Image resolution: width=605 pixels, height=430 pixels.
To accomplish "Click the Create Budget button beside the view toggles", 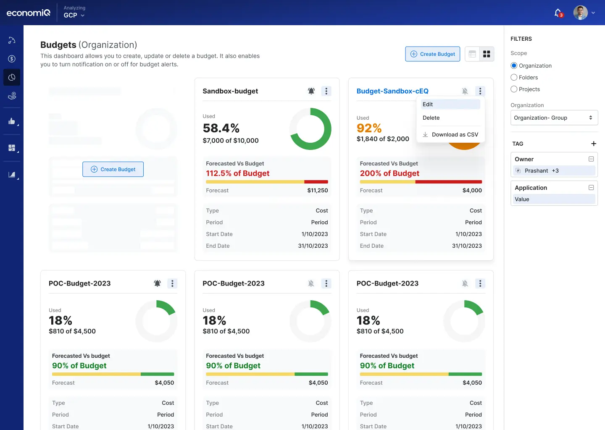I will point(433,54).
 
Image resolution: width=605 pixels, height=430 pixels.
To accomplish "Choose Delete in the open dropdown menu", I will point(431,118).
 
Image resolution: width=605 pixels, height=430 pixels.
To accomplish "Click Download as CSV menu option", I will point(450,135).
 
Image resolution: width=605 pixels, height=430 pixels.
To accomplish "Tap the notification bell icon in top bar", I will point(558,13).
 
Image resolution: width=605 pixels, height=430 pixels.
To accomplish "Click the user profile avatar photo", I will point(580,13).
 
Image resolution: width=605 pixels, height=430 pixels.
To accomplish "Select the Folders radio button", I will point(514,78).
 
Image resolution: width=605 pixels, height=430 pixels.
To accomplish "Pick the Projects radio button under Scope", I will point(514,89).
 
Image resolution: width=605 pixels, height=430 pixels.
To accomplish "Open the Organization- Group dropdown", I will point(554,118).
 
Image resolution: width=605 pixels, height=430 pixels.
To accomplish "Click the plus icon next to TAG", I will point(594,144).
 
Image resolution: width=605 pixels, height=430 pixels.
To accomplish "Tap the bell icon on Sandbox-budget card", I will point(311,91).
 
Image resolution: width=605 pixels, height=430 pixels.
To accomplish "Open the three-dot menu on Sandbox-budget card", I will point(326,91).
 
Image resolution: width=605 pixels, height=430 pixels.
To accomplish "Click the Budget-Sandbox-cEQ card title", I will point(392,91).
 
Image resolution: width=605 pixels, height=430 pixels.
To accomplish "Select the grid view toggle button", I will point(487,54).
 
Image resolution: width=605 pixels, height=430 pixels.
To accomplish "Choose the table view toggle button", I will point(472,54).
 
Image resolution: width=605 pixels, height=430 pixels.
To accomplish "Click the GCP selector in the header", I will point(74,15).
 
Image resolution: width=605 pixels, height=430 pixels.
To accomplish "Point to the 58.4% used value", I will point(221,128).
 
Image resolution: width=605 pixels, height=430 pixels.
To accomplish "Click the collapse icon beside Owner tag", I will point(591,159).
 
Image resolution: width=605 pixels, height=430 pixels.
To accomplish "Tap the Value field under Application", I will point(554,199).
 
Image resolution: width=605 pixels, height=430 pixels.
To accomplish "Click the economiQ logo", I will point(29,13).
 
